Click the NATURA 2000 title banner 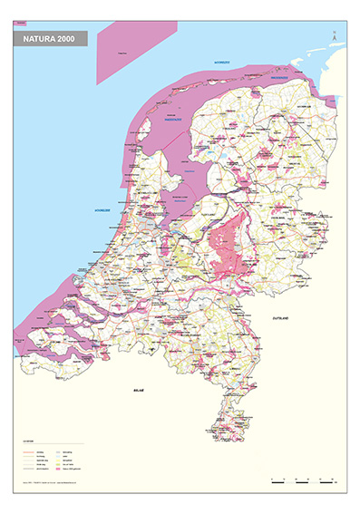coord(50,40)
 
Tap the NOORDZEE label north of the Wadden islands coord(222,62)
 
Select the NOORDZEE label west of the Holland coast coord(102,210)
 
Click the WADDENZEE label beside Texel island coord(172,119)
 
